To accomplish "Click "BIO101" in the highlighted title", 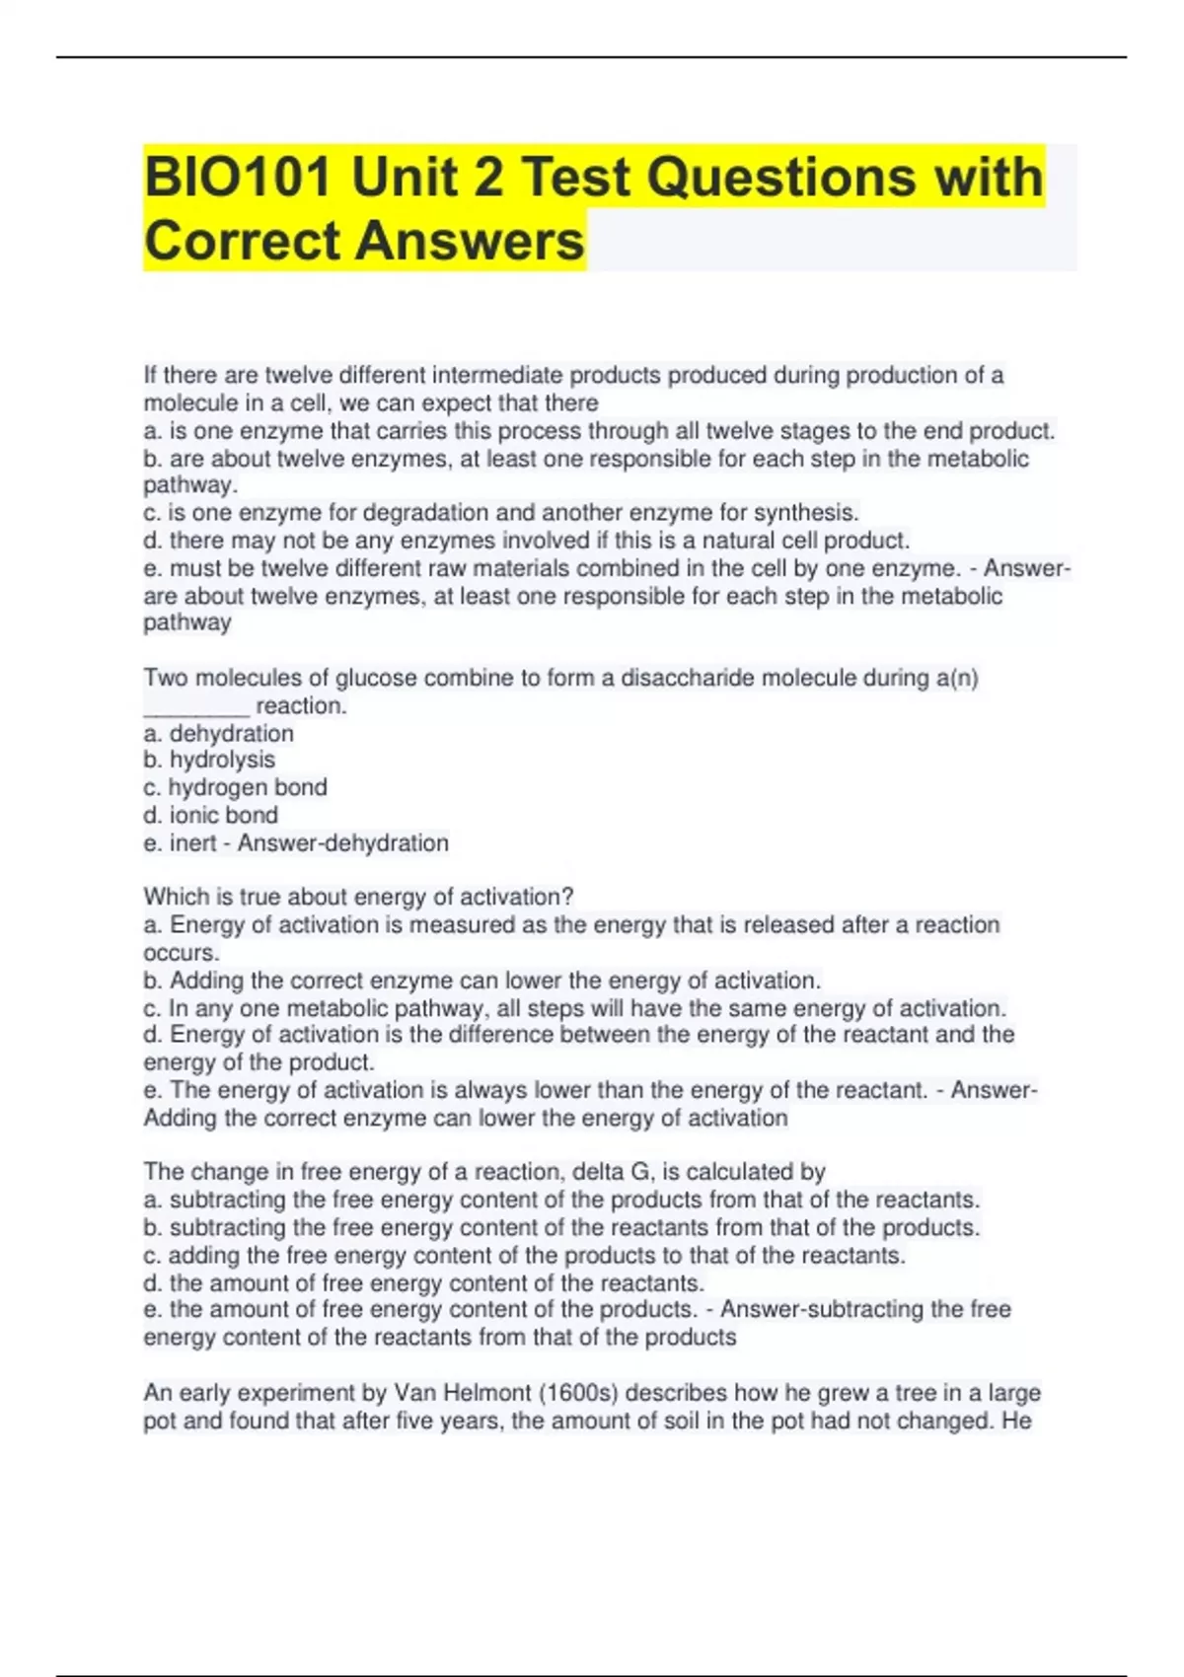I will pos(238,179).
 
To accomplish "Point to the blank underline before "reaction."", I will pos(196,706).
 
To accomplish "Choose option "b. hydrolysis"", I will pos(209,760).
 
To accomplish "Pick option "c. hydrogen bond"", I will pos(235,787).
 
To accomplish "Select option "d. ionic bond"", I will pos(210,815).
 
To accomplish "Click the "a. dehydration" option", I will pos(218,733).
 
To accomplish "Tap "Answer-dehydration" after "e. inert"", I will pos(343,842).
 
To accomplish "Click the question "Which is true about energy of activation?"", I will pos(358,897).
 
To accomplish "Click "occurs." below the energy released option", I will pos(182,953).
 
